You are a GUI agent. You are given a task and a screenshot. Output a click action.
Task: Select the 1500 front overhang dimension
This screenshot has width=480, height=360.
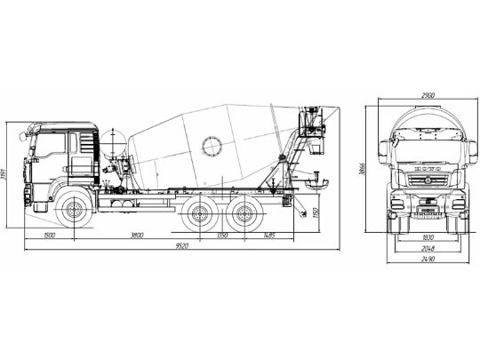coord(48,235)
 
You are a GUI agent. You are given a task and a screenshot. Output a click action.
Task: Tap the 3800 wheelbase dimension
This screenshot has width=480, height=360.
coord(134,235)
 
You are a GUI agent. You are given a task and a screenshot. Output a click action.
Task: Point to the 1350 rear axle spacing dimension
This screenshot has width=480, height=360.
coord(222,235)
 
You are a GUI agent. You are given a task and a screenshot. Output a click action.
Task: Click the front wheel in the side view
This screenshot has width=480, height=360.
coord(71,212)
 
